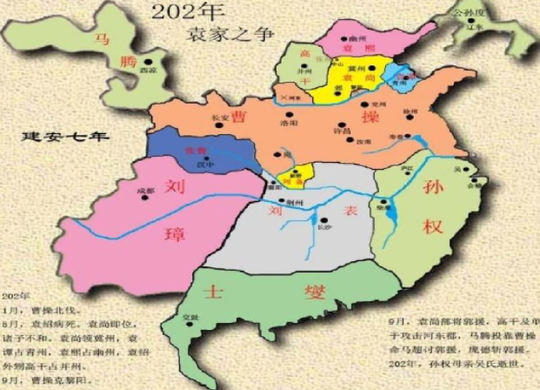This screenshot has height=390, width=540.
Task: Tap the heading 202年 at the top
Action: point(186,11)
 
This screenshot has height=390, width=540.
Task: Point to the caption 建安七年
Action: point(53,137)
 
